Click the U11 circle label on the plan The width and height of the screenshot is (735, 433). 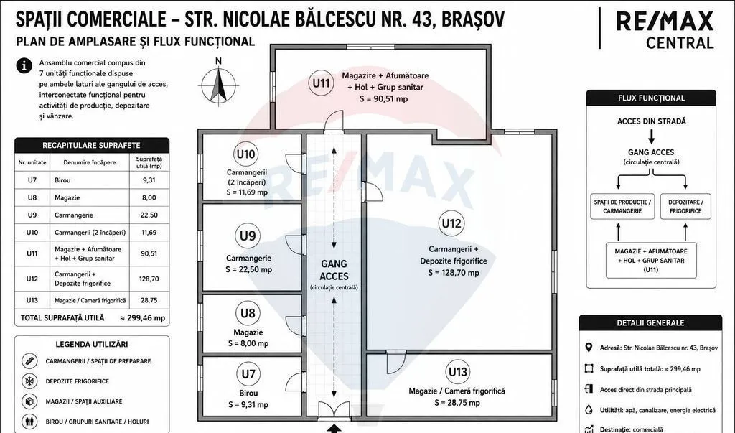tap(321, 83)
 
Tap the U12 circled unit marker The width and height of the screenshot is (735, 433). tap(451, 223)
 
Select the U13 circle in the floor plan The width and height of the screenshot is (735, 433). tap(457, 372)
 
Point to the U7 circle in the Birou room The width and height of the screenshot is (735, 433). tap(248, 374)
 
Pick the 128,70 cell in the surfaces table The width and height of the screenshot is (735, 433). tap(149, 279)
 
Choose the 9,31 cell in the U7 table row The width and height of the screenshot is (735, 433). tap(149, 180)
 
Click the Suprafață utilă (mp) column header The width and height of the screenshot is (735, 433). tap(149, 162)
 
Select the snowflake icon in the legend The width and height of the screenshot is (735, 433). tap(29, 381)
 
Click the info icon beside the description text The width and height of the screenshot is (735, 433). tap(24, 65)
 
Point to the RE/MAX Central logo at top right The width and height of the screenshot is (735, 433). tap(664, 29)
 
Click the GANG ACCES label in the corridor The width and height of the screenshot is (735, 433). tap(334, 270)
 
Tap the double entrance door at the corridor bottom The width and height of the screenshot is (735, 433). tap(334, 411)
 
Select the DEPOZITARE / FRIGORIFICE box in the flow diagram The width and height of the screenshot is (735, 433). tap(685, 206)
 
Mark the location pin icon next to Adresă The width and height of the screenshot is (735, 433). tap(589, 348)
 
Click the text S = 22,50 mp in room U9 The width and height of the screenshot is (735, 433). tap(248, 269)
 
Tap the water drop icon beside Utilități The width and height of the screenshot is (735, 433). tap(589, 409)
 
